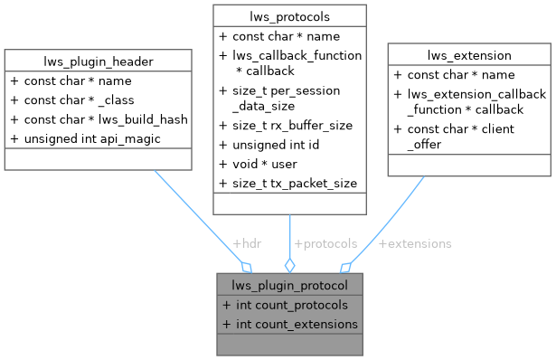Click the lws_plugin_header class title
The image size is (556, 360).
tap(97, 61)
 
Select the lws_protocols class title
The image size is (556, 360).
tap(288, 15)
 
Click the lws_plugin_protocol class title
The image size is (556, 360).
tap(289, 285)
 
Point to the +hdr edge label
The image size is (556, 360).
tap(248, 243)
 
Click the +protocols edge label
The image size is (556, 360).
tap(325, 243)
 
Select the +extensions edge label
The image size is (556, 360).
tap(415, 243)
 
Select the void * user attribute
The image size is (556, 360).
tap(265, 164)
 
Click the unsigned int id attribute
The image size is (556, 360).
tap(282, 145)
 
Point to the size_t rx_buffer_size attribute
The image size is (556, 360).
tap(290, 126)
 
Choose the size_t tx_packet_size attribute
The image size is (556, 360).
tap(293, 183)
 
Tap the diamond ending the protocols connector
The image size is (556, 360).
tap(289, 265)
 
